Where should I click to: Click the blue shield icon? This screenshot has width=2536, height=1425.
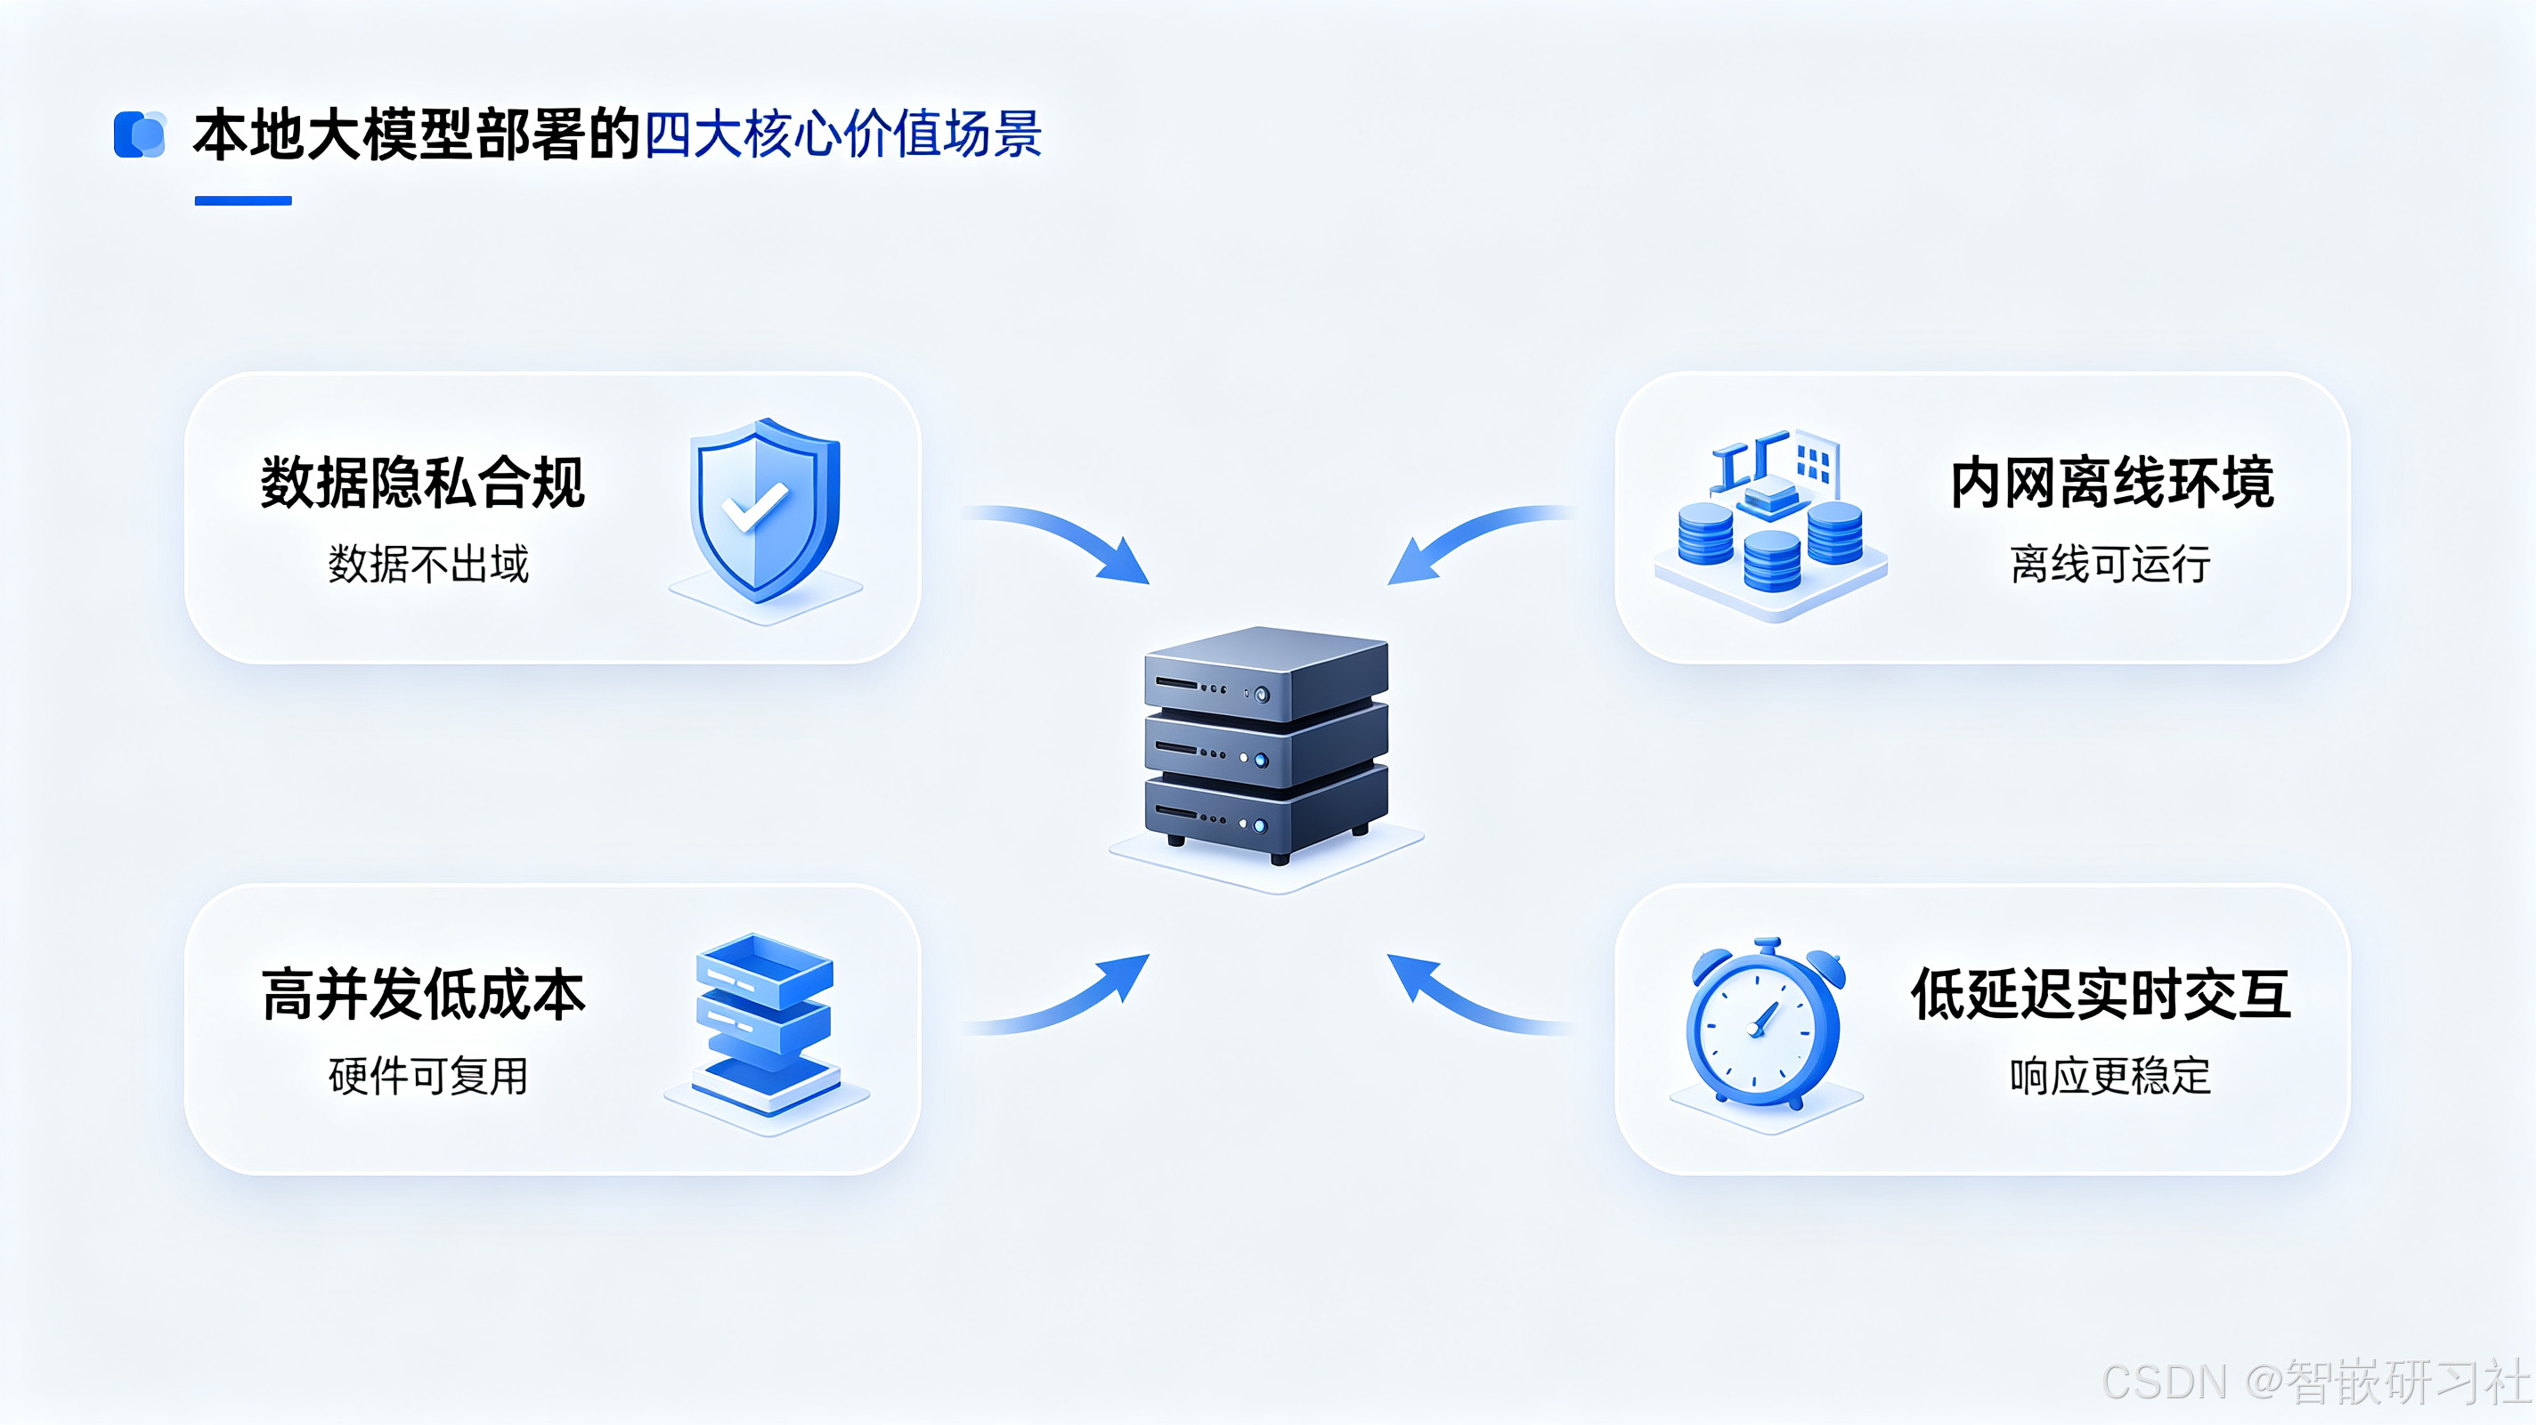point(765,509)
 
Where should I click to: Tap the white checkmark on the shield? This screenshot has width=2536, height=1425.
point(754,507)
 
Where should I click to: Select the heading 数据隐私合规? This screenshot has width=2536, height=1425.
point(422,483)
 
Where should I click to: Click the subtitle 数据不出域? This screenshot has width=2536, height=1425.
point(428,565)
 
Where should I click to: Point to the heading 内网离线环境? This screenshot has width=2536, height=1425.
point(2111,483)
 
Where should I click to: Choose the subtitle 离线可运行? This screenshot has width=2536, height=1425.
point(2110,565)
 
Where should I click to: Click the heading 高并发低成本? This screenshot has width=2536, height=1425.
point(423,994)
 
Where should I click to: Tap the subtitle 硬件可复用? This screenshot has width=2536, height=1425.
point(428,1075)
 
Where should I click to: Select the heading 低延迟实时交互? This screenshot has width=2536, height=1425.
point(2101,994)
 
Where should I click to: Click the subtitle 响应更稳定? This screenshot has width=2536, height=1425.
point(2110,1075)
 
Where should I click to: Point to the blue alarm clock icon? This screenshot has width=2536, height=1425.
point(1765,1024)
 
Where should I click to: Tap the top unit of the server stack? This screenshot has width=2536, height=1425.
point(1266,674)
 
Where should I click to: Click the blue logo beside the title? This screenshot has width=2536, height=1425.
point(140,134)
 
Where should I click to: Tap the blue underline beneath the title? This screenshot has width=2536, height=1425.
point(243,201)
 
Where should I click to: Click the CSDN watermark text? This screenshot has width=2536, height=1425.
point(2316,1381)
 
